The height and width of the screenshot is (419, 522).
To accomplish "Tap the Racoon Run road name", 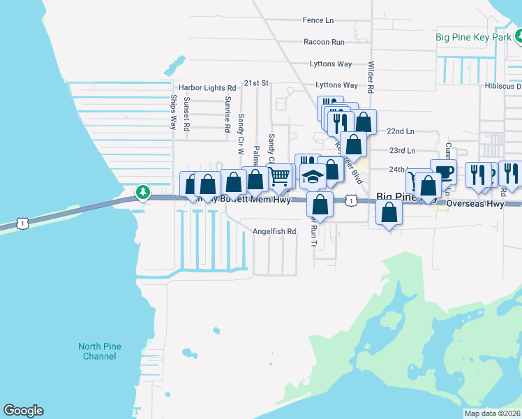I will coord(324,42).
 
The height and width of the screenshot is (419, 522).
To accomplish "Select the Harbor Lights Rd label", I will coord(207,88).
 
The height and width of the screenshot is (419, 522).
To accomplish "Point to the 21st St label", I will coord(256,83).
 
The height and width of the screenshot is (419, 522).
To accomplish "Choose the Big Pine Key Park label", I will coord(473,37).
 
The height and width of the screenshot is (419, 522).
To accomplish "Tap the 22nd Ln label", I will coord(401,131).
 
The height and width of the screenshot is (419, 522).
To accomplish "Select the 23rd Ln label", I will coord(402,150).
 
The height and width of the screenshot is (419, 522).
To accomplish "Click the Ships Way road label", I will coord(174,112).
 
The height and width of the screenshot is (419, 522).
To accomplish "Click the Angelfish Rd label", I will coord(275,231).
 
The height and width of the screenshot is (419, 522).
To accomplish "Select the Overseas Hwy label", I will coord(475,205).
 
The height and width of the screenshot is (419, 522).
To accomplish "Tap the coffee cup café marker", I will coord(443,171).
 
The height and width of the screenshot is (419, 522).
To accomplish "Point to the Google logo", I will coord(23,411).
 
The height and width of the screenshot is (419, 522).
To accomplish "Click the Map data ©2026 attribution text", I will coord(492,413).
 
